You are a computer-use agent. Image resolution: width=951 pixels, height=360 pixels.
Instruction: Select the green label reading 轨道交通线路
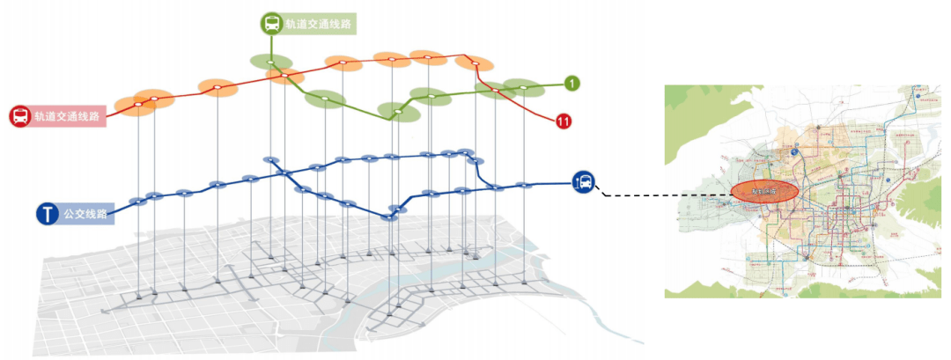319,25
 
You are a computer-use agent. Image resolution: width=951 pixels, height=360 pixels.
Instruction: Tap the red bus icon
19,116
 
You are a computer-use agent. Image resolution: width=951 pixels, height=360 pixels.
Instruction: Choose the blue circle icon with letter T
47,214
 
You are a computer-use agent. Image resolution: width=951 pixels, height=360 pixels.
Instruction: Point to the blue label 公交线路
85,214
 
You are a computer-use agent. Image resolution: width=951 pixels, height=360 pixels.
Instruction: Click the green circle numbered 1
572,84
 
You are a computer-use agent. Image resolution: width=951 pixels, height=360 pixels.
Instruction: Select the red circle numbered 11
564,121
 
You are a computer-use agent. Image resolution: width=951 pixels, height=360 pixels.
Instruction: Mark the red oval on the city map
763,191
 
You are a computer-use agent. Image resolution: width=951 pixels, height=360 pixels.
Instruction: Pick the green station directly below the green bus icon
270,62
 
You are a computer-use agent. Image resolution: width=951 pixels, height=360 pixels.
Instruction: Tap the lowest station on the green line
397,112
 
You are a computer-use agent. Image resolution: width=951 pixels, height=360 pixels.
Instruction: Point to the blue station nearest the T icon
137,202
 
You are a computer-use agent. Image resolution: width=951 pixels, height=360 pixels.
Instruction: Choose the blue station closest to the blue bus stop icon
526,185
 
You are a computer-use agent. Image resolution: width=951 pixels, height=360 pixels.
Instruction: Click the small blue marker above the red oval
795,152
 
